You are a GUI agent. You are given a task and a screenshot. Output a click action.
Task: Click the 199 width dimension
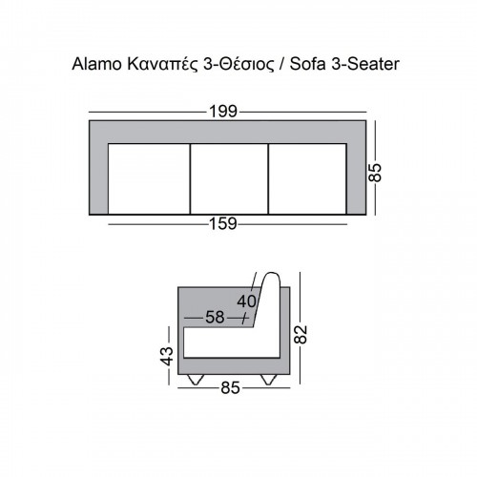[223, 112]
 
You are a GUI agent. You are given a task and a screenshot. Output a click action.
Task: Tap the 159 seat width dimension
[223, 224]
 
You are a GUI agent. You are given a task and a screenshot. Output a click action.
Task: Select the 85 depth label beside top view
[375, 173]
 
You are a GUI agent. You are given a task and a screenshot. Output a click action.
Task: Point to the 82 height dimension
[301, 334]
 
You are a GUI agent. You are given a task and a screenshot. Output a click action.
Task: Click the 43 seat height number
[167, 356]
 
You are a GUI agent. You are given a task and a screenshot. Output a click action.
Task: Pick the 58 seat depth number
[215, 318]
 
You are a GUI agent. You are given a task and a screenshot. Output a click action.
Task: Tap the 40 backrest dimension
[246, 301]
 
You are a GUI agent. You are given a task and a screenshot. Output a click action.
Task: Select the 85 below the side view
[230, 388]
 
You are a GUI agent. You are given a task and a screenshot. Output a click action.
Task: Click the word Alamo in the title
[96, 64]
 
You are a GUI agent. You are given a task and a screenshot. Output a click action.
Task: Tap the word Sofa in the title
[307, 64]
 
